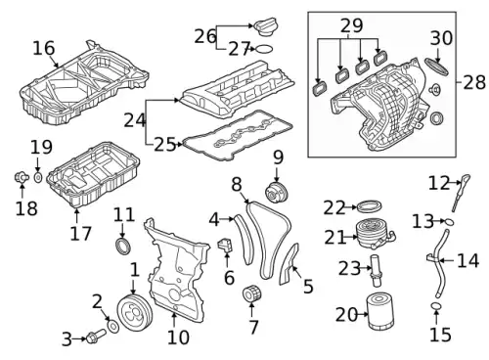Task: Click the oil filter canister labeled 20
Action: tap(380, 311)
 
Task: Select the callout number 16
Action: tap(44, 48)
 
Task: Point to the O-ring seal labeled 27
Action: tap(264, 49)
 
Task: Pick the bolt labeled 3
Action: tap(96, 336)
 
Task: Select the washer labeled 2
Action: tap(113, 327)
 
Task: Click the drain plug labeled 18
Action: tap(22, 177)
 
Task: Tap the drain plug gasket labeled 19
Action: tap(38, 178)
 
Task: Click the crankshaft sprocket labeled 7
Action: tap(252, 293)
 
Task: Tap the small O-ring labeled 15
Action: tap(436, 306)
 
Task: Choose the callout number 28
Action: tap(474, 82)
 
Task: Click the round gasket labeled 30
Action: tap(436, 67)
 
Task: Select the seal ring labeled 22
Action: tap(369, 207)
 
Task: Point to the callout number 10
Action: tap(178, 337)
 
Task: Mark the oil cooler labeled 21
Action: tap(375, 234)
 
